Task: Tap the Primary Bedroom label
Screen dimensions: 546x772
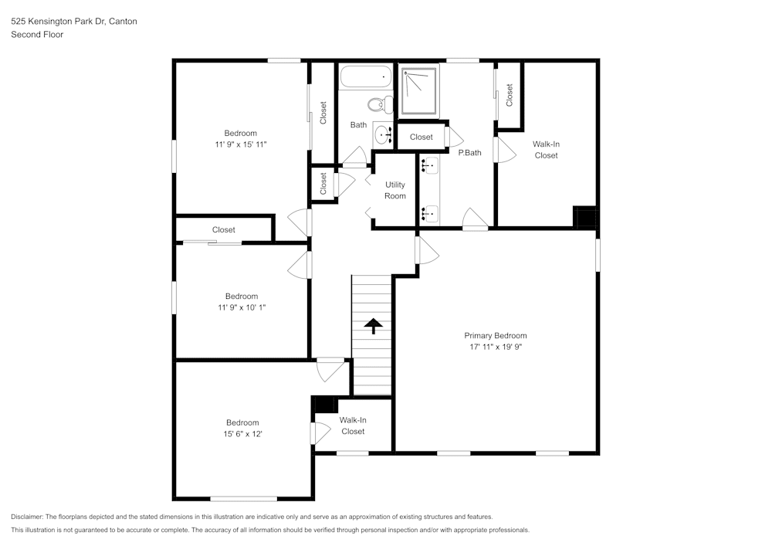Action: (x=495, y=336)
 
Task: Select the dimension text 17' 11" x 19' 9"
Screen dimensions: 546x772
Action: (x=495, y=347)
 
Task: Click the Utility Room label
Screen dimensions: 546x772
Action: (x=395, y=191)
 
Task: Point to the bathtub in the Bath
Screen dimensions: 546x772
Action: (x=365, y=77)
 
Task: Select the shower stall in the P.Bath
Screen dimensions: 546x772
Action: (x=418, y=90)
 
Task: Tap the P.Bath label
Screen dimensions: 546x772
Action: (x=469, y=153)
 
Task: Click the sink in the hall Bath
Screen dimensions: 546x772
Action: (x=383, y=135)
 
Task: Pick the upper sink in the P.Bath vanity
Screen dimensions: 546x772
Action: (x=429, y=164)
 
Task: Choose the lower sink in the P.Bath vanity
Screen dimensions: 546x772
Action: (x=429, y=212)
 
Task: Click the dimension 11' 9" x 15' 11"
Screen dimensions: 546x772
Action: (x=241, y=144)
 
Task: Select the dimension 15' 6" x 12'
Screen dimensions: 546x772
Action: (x=242, y=433)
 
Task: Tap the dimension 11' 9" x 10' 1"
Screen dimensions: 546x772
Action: (x=241, y=307)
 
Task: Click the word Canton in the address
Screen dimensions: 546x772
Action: (x=124, y=22)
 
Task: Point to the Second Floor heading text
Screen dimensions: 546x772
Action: (x=37, y=35)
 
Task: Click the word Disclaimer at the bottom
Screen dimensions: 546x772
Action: (x=27, y=517)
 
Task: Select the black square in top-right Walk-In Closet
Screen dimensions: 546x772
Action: (x=585, y=217)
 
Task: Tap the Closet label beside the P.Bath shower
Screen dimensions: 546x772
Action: (x=422, y=137)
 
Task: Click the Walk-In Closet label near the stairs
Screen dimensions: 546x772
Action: (x=353, y=426)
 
